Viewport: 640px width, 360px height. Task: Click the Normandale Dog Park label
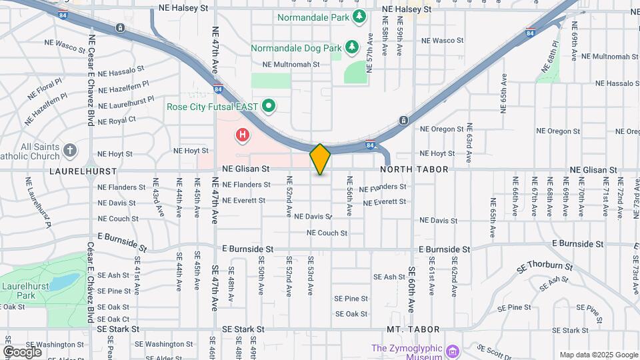click(x=295, y=48)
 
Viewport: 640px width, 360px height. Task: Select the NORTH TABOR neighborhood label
click(x=413, y=170)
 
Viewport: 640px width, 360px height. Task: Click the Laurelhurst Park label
click(x=17, y=291)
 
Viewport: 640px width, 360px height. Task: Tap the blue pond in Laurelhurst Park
click(x=64, y=281)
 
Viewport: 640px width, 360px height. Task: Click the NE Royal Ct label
click(x=117, y=120)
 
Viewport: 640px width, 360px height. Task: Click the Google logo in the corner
click(x=22, y=351)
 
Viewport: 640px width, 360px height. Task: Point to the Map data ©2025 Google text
click(x=598, y=355)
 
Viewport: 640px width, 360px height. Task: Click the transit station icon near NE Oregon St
click(x=403, y=121)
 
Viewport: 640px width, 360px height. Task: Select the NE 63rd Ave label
click(x=469, y=143)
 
